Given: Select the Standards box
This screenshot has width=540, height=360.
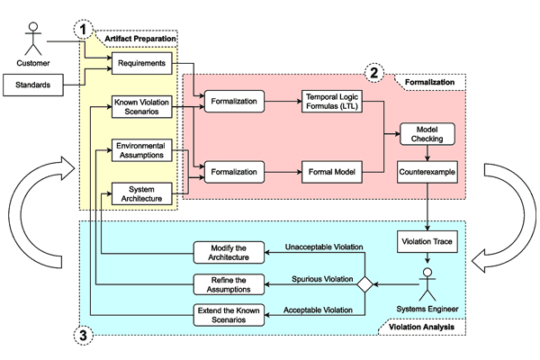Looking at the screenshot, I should click(33, 87).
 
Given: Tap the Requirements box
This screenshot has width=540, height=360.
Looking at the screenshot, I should click(142, 65).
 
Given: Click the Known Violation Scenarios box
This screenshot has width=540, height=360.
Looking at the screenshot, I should click(142, 107).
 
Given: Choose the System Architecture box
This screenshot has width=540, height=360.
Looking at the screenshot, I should click(142, 192).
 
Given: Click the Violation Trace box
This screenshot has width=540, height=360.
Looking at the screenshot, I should click(428, 242).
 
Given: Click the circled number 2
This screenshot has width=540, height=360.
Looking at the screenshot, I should click(373, 73).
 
